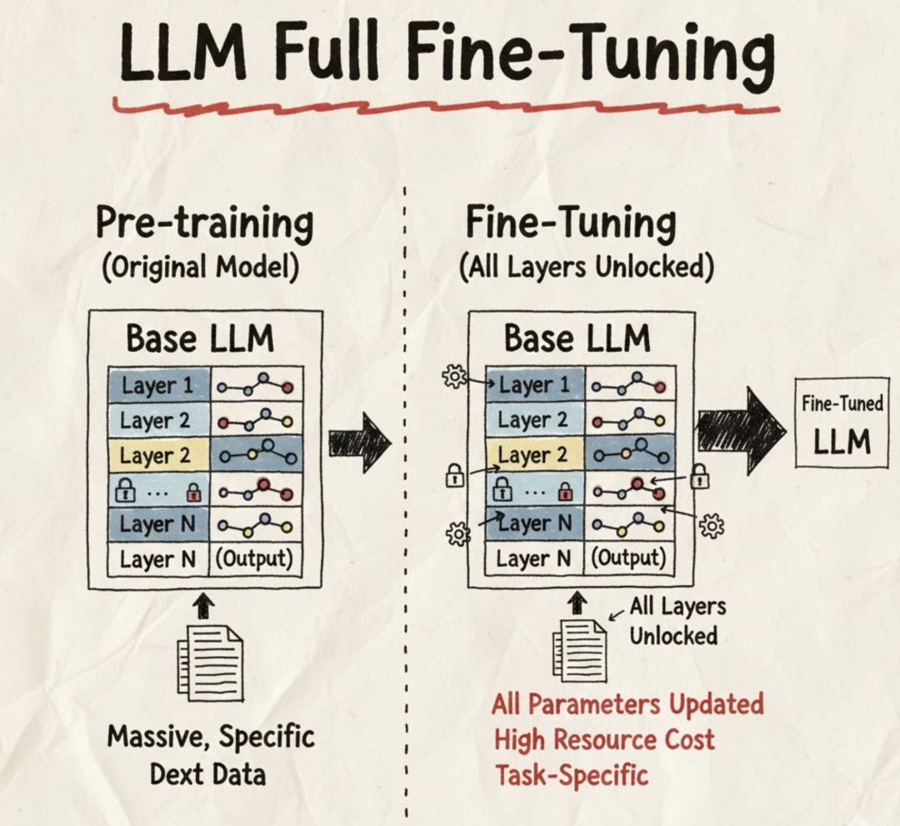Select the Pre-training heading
pos(204,224)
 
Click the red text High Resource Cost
pos(603,739)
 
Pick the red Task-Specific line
pos(571,774)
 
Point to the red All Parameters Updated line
pos(627,703)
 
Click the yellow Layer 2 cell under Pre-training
pos(159,456)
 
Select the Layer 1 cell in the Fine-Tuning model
pos(535,385)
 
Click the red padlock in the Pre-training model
pos(194,493)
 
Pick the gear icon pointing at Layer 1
pos(455,377)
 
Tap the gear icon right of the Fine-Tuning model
pos(711,525)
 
